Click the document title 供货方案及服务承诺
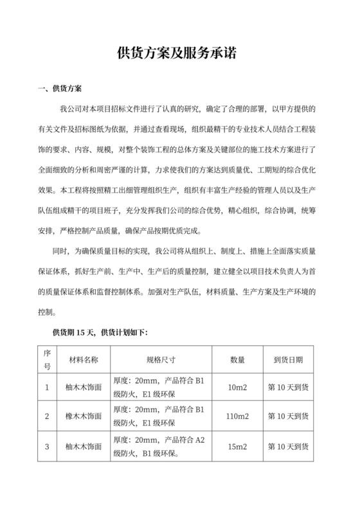pyautogui.click(x=180, y=54)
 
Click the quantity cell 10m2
pyautogui.click(x=237, y=388)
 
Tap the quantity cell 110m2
pyautogui.click(x=237, y=416)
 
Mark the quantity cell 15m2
pyautogui.click(x=237, y=446)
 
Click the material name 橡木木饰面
pyautogui.click(x=83, y=416)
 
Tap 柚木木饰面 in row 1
pyautogui.click(x=83, y=388)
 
